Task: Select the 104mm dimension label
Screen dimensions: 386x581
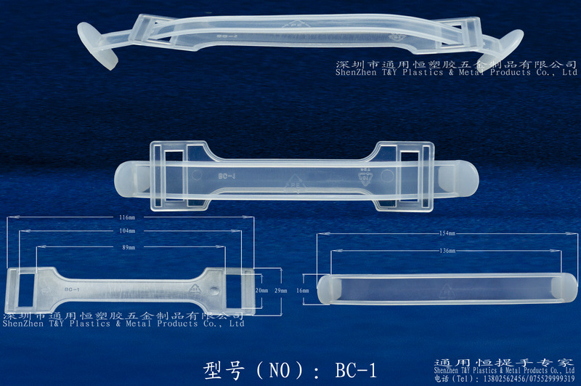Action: coord(128,230)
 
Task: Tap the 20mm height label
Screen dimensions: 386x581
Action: coord(261,290)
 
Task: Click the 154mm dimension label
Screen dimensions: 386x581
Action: coord(447,234)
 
